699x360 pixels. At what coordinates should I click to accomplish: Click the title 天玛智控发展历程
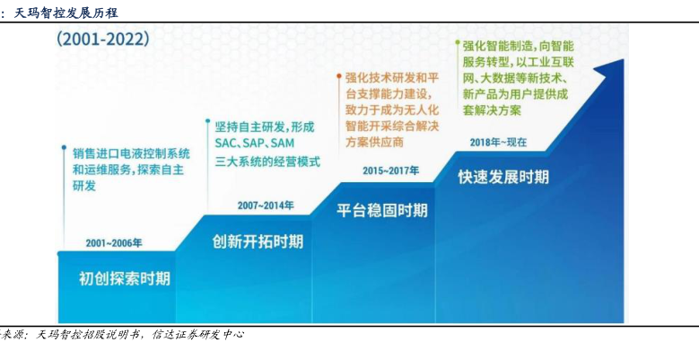66,13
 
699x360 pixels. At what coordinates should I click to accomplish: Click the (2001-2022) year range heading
103,40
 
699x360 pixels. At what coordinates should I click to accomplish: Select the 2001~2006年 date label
114,243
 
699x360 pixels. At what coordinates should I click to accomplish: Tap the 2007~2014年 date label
266,206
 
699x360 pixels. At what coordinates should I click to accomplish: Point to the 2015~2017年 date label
391,171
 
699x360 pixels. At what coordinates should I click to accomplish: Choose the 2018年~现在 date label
498,143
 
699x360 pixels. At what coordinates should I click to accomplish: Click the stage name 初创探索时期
125,278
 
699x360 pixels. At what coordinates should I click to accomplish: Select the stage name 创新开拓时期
258,241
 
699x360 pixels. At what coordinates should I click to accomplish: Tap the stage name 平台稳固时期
382,210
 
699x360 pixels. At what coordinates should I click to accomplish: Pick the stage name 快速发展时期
503,177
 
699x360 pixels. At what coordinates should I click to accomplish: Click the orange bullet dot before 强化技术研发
339,76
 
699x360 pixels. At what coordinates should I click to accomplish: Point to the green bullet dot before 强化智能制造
457,43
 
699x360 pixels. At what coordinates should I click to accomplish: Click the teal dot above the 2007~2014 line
208,120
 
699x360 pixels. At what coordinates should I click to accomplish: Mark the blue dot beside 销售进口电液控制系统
65,146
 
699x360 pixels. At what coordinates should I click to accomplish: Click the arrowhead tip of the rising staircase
623,59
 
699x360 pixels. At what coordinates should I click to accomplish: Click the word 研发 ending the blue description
84,186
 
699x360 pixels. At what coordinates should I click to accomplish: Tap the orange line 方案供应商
374,143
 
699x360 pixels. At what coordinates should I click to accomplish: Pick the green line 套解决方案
492,110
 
